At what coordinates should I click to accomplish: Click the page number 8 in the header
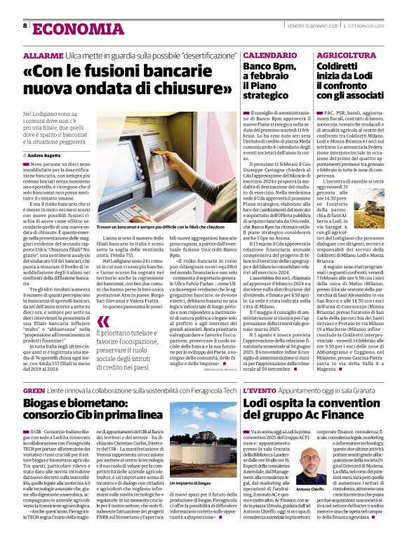coord(25,25)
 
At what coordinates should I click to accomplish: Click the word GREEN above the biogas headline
coord(34,390)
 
